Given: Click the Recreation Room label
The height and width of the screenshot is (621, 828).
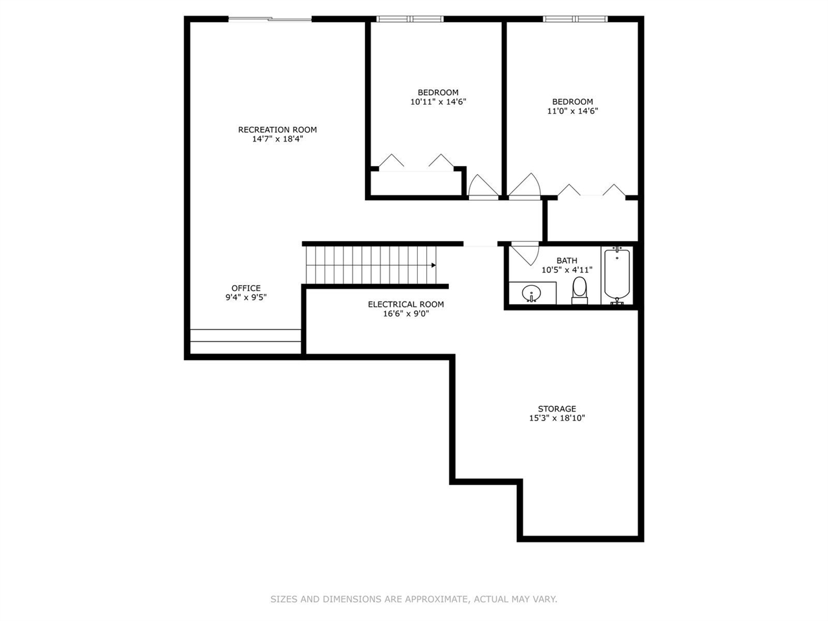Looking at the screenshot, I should pos(278,129).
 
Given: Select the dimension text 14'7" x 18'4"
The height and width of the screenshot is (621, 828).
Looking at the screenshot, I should pos(278,139).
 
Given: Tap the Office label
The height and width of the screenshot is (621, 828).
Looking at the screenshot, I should pos(246,288).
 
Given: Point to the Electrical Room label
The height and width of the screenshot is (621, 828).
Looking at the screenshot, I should pos(406,304).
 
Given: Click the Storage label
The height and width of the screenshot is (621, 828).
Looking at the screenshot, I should pos(557,409).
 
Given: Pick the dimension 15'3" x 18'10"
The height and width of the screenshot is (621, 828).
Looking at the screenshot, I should pos(557,419).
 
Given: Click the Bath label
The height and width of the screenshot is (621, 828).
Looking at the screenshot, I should pos(567,261).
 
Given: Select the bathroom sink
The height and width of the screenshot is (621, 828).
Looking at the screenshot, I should pos(532,293).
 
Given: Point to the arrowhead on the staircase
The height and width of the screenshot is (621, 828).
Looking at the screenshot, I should pos(433,265).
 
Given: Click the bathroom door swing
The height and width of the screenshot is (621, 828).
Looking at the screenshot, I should pos(525,253).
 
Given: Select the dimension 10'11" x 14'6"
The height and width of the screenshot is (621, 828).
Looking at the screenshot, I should pos(438,102).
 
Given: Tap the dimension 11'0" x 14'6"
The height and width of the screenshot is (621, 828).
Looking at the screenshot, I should pos(572,111).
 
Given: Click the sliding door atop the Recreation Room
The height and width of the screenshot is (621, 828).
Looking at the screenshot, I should pos(270,19).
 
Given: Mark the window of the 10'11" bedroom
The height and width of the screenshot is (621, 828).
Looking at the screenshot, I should pos(410,19).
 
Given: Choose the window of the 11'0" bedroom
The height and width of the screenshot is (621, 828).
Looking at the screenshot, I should pos(575,19).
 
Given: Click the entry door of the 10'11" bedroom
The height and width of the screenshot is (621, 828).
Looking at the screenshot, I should pos(483,188).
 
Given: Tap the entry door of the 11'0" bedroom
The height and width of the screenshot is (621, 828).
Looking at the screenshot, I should pos(525,188).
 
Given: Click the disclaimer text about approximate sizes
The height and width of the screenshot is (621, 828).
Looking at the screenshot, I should pos(413,599).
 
